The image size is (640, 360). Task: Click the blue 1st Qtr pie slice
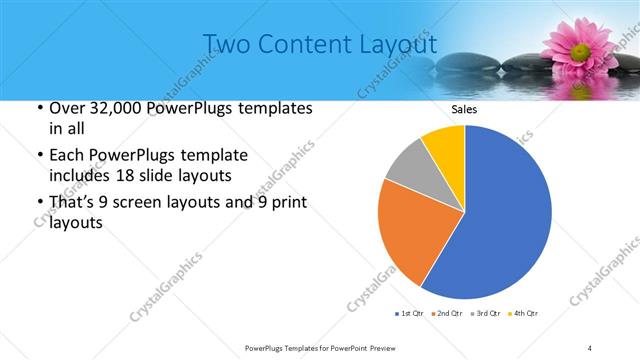tap(505, 215)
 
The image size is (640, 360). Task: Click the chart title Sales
tap(464, 109)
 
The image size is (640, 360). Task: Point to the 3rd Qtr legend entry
tap(485, 314)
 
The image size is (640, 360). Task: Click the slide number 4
tap(590, 347)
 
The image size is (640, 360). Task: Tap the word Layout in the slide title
tap(399, 45)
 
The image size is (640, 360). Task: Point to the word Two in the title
tap(227, 45)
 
